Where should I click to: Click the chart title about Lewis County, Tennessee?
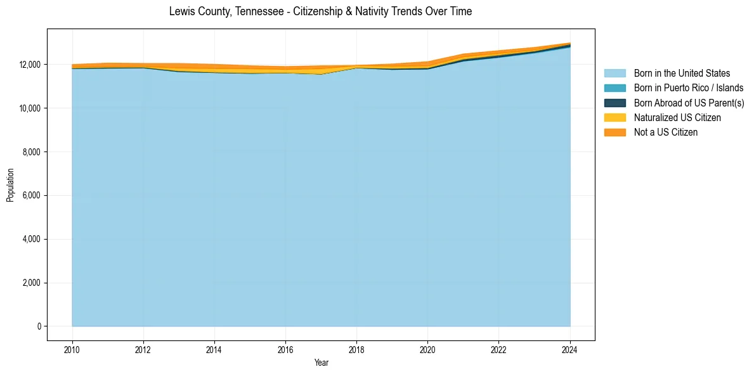click(320, 11)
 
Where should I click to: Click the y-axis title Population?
click(10, 185)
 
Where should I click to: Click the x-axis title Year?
click(321, 363)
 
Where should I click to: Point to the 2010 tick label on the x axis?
click(72, 349)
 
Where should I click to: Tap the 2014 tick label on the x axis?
click(214, 349)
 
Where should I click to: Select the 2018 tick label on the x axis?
click(356, 349)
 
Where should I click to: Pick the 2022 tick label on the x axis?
click(498, 349)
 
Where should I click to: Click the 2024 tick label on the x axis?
click(570, 349)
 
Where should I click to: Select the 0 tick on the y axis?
click(39, 326)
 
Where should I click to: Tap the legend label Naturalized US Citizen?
click(677, 117)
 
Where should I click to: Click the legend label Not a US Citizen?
click(666, 132)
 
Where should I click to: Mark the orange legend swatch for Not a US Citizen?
click(614, 132)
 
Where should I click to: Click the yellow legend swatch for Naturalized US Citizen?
click(614, 117)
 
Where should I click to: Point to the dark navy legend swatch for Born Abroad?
click(614, 103)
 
